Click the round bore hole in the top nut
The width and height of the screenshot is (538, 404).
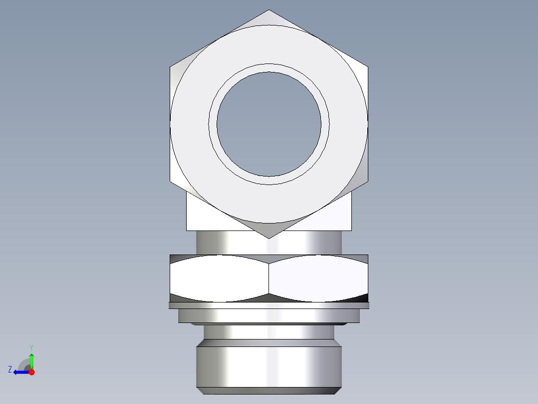tap(269, 124)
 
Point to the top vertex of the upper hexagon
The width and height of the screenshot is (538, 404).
tap(269, 10)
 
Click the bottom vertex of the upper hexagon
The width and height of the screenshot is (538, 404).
tap(269, 238)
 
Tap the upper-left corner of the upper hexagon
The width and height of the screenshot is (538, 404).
tap(170, 66)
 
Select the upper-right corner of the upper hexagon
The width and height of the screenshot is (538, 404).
tap(368, 66)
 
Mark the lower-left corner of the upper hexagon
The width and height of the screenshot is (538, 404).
tap(170, 181)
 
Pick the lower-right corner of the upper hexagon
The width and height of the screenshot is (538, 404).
tap(368, 181)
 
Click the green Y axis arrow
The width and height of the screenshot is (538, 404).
tap(31, 358)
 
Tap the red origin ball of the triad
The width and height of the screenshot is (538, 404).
tap(31, 372)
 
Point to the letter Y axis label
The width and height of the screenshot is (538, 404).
tap(31, 347)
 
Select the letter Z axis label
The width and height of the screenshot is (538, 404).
tap(10, 369)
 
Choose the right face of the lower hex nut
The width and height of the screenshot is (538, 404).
tap(318, 278)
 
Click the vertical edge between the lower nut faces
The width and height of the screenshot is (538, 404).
tap(269, 278)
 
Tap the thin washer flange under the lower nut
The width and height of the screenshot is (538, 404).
tap(269, 305)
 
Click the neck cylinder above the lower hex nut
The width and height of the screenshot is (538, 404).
tap(269, 243)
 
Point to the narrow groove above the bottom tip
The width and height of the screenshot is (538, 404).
tap(269, 332)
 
